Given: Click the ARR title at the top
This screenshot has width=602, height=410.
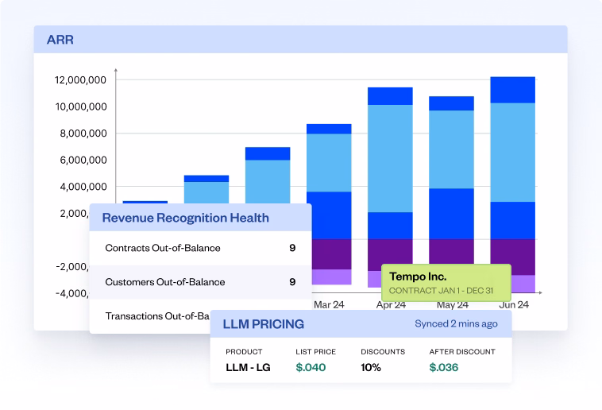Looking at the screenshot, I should (60, 39).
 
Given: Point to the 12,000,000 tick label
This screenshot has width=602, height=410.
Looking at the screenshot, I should (81, 79).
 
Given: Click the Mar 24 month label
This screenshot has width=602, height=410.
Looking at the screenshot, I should (329, 304).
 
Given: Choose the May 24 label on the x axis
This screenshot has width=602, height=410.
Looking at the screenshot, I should (451, 304).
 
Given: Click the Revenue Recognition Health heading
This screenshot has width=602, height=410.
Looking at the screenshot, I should (185, 218).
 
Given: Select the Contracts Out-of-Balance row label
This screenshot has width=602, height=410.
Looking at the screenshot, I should (163, 248).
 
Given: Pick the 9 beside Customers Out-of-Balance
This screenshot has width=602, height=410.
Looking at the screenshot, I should (292, 281).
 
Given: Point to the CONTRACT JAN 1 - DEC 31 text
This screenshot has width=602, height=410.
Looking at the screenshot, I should (442, 290).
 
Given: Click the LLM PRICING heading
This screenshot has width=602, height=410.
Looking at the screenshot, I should (264, 324).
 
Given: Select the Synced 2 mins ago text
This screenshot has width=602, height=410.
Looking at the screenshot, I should (456, 324).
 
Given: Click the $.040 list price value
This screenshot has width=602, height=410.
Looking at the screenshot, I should (311, 367).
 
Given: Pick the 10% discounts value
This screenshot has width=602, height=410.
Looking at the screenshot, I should (371, 367).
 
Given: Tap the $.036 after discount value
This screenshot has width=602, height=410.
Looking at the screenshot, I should (444, 367).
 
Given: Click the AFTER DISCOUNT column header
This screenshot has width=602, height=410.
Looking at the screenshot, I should (462, 351).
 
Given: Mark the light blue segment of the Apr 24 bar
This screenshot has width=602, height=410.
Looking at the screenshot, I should (390, 158).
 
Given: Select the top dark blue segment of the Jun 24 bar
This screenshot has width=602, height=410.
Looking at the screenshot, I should (512, 90).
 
